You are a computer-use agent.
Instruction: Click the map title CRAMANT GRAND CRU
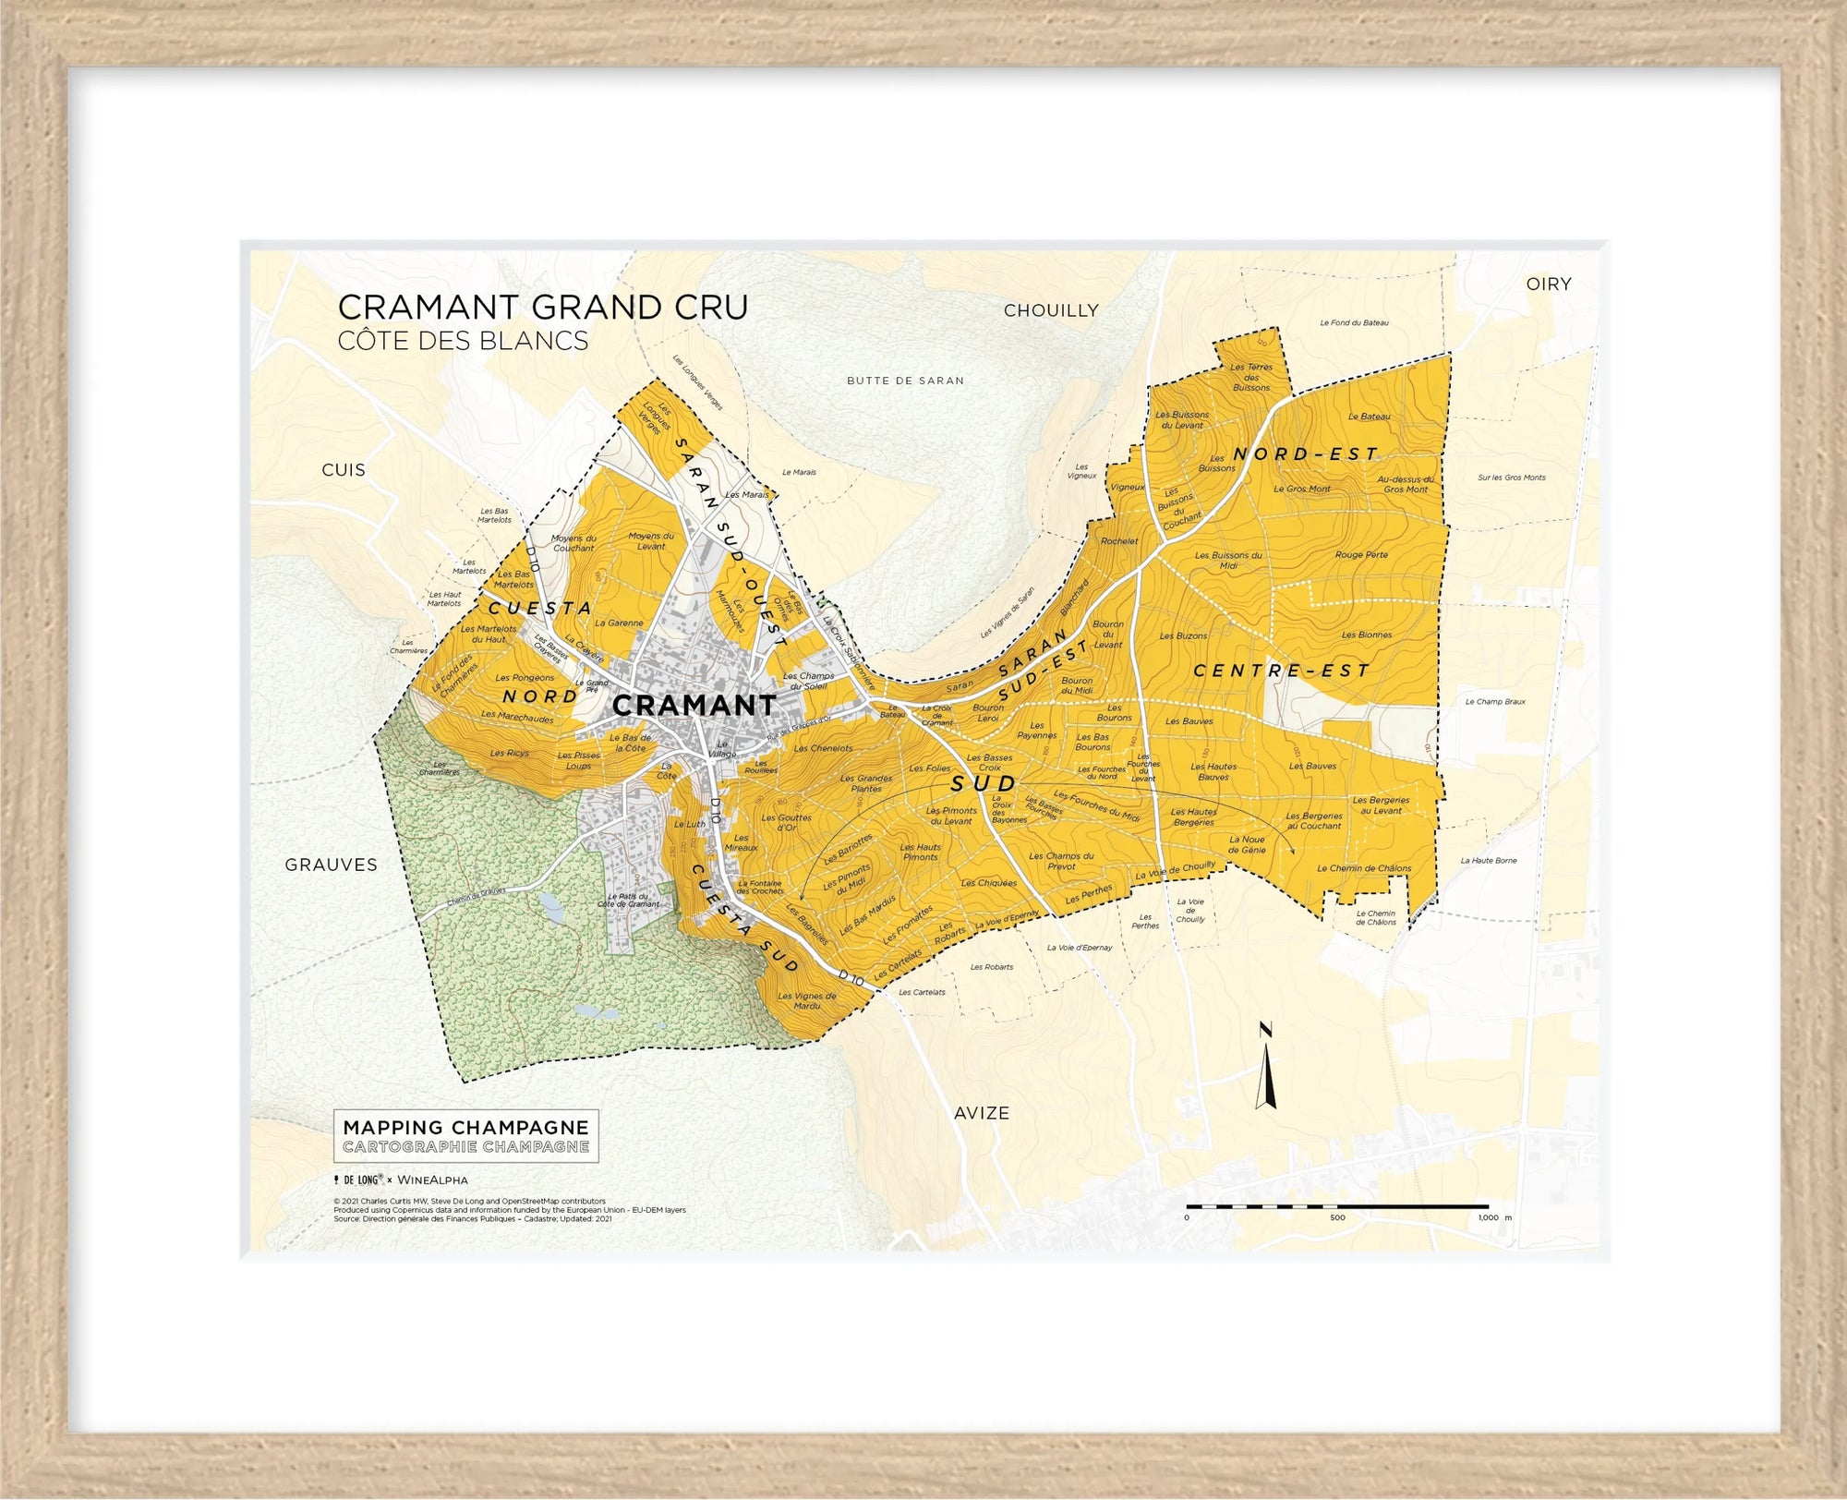(x=542, y=308)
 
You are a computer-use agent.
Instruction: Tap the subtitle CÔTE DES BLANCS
(x=463, y=341)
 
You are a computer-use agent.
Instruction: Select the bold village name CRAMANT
(x=694, y=706)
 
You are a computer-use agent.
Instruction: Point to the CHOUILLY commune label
(x=1051, y=311)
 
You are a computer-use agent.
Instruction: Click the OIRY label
(x=1549, y=284)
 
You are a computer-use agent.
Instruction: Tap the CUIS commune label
(x=344, y=470)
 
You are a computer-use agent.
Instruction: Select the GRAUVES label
(x=331, y=865)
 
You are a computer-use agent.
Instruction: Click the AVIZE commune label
(x=982, y=1114)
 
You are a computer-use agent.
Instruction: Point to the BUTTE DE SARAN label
(x=905, y=381)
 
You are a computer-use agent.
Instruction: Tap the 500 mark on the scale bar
(x=1337, y=1217)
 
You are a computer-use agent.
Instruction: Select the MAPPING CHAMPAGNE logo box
(x=465, y=1136)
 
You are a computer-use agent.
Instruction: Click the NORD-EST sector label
(x=1306, y=454)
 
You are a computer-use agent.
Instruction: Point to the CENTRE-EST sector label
(x=1281, y=671)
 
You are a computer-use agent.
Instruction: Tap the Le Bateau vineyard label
(x=1369, y=417)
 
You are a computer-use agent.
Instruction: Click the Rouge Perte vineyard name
(x=1361, y=555)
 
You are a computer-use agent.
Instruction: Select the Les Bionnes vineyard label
(x=1367, y=635)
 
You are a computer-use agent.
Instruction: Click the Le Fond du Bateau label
(x=1354, y=323)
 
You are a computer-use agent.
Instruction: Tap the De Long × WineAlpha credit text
(x=402, y=1180)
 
